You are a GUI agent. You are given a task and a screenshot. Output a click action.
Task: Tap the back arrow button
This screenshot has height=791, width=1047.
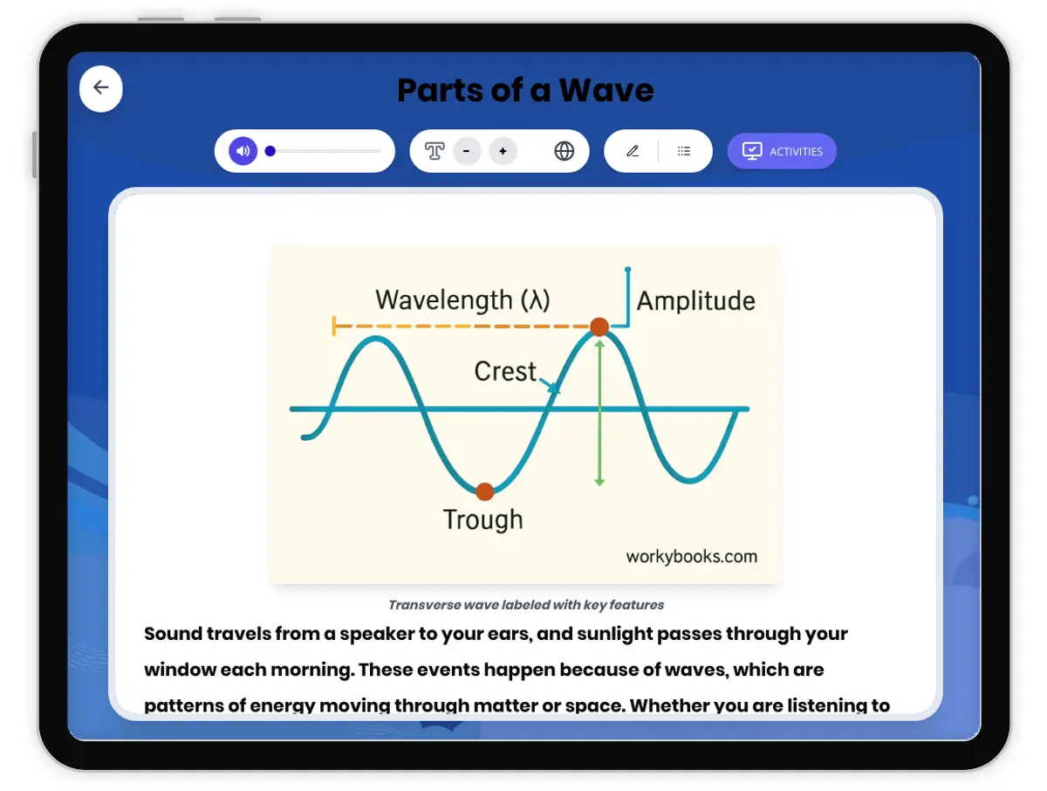tap(101, 87)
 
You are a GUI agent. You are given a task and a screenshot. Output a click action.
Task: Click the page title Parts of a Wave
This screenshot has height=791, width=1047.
tap(525, 90)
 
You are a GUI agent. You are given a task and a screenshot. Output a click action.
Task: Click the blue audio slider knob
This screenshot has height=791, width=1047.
tap(270, 151)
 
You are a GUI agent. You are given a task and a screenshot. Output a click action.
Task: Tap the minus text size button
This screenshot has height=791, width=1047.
tap(467, 151)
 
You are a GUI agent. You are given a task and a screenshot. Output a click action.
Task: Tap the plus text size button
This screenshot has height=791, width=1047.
tap(503, 151)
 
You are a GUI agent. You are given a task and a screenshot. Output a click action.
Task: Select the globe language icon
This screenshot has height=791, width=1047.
tap(565, 151)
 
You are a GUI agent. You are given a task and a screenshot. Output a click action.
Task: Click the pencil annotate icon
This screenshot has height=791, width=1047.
tap(633, 151)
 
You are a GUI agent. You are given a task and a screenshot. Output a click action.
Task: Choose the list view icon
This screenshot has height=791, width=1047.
tap(684, 151)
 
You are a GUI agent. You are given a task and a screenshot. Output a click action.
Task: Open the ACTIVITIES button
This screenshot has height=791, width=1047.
tap(782, 151)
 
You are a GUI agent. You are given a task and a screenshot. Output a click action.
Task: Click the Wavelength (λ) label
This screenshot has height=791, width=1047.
tap(462, 300)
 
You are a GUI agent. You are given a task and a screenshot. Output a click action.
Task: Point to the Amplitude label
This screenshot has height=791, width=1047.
tap(695, 301)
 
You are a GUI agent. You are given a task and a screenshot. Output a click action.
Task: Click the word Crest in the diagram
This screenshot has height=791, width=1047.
tap(505, 372)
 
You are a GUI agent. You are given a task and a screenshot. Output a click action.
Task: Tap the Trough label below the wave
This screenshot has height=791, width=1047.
tap(482, 520)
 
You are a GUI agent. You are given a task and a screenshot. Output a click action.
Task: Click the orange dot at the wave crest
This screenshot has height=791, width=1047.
tap(599, 327)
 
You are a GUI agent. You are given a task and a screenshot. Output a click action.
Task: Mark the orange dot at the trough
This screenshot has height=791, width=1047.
tap(485, 492)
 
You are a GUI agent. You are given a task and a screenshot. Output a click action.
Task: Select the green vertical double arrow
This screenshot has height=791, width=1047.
tap(599, 410)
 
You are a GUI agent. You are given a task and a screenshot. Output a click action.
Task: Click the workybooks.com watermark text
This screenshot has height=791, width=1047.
tap(691, 556)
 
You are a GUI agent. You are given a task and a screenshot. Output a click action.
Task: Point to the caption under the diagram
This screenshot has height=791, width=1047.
tap(526, 605)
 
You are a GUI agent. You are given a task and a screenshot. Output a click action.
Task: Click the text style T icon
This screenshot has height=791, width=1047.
tap(435, 151)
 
